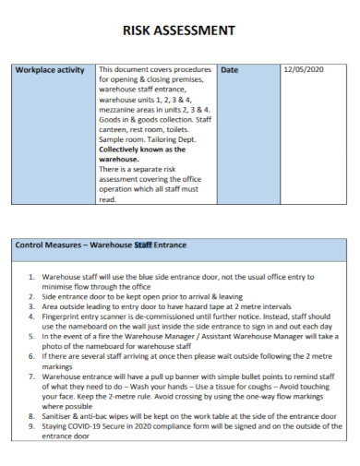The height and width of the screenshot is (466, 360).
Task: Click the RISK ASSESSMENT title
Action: [179, 31]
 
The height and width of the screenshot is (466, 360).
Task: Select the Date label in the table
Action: [230, 70]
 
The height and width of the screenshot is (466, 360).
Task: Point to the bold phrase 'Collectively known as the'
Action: [142, 149]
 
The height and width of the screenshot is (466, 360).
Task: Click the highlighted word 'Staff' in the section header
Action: [144, 245]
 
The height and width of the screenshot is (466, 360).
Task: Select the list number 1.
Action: [32, 276]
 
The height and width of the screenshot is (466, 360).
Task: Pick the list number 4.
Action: [32, 317]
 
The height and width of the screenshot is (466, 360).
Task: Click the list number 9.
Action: [32, 427]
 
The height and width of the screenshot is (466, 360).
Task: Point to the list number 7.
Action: [32, 376]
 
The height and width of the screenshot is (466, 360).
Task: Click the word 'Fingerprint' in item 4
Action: [64, 317]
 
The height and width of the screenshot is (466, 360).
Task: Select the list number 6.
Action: [32, 356]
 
